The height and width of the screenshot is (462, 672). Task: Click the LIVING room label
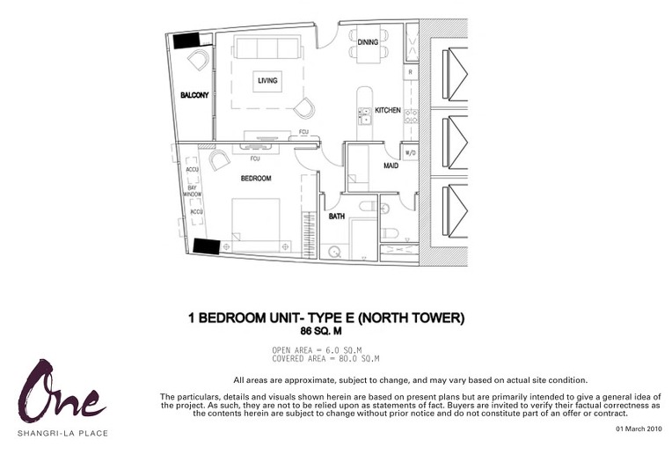point(267,80)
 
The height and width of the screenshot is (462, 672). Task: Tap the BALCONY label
point(194,95)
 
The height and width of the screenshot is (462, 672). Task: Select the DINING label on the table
point(368,42)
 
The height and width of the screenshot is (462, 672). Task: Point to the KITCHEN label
point(388,110)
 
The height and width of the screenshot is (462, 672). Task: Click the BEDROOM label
point(256,178)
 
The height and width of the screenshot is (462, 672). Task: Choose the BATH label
point(336,216)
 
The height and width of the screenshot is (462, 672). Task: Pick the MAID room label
point(391,165)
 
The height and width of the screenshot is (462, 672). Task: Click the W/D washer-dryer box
point(410,152)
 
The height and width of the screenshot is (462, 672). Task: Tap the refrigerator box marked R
point(410,72)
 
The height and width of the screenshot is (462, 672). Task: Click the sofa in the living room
point(267,48)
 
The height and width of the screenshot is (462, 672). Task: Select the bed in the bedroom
point(256,224)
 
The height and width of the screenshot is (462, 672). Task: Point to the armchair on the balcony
point(199,60)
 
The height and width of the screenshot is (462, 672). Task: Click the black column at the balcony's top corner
point(186,40)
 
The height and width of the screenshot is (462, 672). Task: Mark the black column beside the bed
point(207,246)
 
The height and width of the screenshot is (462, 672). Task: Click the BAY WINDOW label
point(193,191)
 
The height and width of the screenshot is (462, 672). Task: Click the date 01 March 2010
point(639,429)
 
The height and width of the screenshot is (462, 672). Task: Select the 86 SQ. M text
point(321,331)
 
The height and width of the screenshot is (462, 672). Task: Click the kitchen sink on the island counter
point(365,116)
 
